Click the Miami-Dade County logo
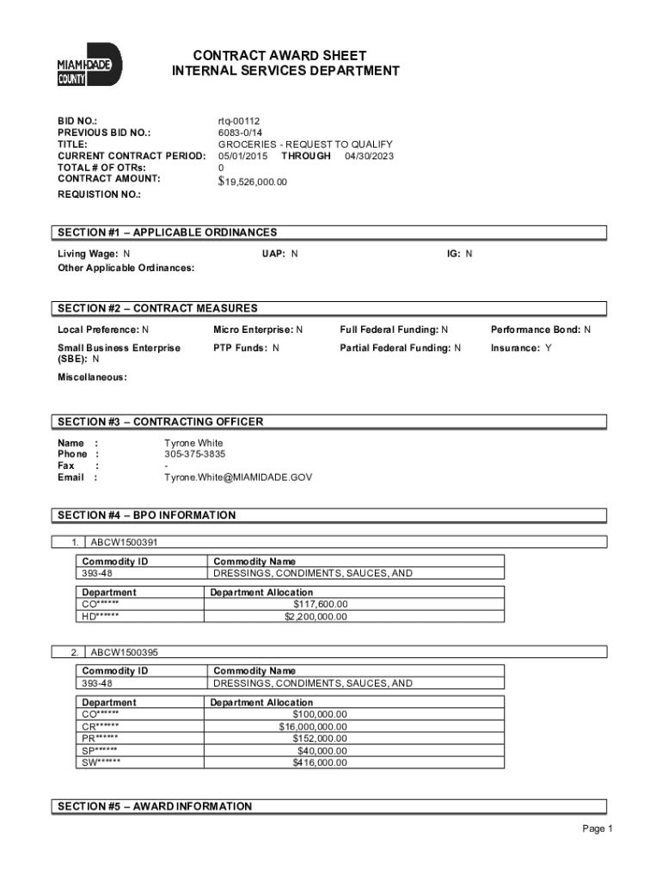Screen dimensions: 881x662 pyautogui.click(x=89, y=65)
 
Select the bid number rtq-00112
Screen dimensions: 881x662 pyautogui.click(x=239, y=121)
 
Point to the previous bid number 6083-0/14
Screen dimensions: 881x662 pyautogui.click(x=241, y=132)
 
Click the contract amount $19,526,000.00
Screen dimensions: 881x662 pyautogui.click(x=253, y=182)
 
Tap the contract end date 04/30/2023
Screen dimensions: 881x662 pyautogui.click(x=370, y=156)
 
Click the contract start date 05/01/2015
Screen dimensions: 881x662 pyautogui.click(x=243, y=156)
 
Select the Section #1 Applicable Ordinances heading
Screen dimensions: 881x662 pyautogui.click(x=167, y=232)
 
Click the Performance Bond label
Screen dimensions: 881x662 pyautogui.click(x=536, y=330)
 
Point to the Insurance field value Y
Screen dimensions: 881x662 pyautogui.click(x=549, y=348)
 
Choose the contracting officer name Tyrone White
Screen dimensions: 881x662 pyautogui.click(x=193, y=443)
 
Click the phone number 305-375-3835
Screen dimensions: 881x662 pyautogui.click(x=195, y=454)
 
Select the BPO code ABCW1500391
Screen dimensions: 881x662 pyautogui.click(x=124, y=543)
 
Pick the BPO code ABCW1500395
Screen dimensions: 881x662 pyautogui.click(x=124, y=653)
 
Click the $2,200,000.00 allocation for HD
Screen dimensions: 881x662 pyautogui.click(x=316, y=616)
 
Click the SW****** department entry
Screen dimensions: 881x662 pyautogui.click(x=101, y=762)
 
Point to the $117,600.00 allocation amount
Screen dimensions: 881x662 pyautogui.click(x=320, y=604)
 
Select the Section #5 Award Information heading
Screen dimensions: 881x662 pyautogui.click(x=155, y=806)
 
